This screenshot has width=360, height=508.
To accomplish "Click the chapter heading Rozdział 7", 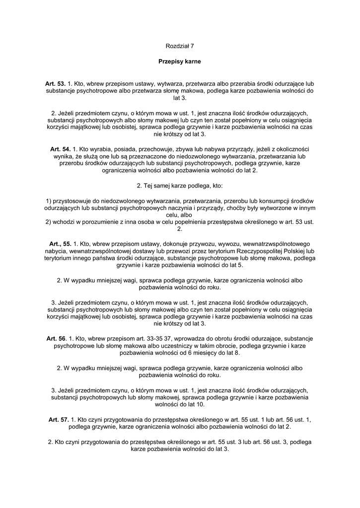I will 180,46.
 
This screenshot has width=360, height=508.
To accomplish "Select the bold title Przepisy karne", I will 180,62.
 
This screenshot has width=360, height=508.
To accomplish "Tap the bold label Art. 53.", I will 55,84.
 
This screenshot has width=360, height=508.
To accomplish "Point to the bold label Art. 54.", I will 60,149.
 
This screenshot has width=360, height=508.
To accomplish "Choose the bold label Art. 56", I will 56,338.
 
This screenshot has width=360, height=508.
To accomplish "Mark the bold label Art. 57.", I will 59,419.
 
